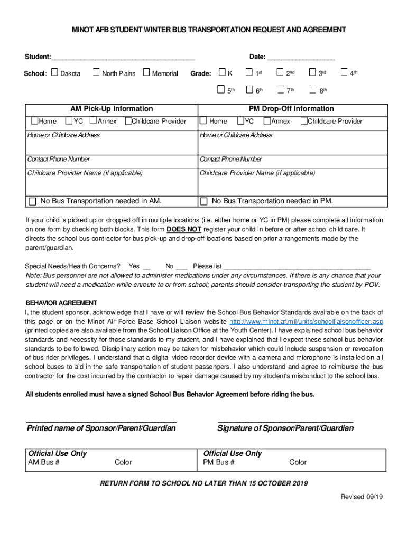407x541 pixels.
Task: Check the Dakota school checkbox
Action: coord(54,73)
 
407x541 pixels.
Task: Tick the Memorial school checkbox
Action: coord(146,73)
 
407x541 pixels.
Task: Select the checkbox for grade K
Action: coord(222,73)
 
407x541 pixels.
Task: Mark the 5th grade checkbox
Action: coord(222,90)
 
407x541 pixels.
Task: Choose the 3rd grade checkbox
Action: coord(312,73)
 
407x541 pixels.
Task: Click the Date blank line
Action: coord(301,57)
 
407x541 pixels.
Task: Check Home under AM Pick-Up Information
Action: coord(34,122)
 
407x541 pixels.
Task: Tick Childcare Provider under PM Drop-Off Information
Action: coord(303,122)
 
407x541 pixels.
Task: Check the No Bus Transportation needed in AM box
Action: coord(33,201)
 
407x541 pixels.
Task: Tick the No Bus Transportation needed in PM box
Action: coord(203,201)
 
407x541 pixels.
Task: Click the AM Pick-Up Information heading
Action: coord(112,109)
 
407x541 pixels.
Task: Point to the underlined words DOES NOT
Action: coord(184,230)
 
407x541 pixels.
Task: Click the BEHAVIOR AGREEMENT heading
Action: coord(61,303)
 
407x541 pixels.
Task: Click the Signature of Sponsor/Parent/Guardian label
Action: coord(285,428)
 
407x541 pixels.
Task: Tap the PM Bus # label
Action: coord(219,462)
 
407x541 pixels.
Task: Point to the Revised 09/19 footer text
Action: coord(361,497)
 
